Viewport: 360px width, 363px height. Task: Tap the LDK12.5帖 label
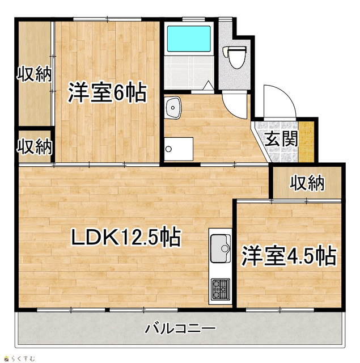pos(125,237)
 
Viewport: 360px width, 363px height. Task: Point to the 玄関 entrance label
pos(280,138)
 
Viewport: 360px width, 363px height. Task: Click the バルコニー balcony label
pos(180,328)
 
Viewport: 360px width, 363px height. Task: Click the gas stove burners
pos(219,289)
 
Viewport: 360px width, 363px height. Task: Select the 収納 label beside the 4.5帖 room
pos(307,183)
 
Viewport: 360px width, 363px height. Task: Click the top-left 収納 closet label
pos(34,74)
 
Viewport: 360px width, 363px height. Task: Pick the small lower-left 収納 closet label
pos(34,147)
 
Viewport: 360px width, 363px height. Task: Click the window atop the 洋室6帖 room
pos(108,20)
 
